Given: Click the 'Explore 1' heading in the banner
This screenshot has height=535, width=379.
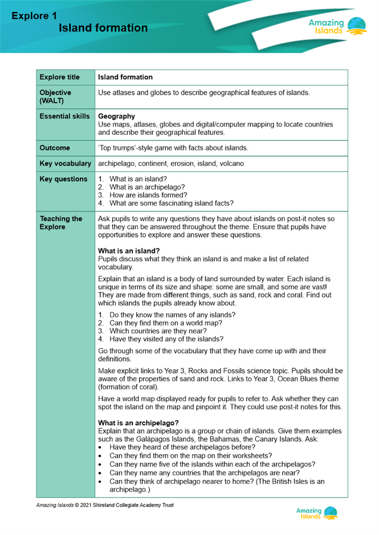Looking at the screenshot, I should pos(34,16).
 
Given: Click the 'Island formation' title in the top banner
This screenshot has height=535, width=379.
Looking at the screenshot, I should pos(103,28).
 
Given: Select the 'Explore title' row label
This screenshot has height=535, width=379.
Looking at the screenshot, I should pos(60,78).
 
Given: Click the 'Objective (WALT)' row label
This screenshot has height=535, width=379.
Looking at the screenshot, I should pos(55,96).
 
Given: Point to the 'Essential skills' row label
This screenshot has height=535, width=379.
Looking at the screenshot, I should pos(65,116).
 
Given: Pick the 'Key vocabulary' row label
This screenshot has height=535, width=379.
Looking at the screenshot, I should pos(64,163).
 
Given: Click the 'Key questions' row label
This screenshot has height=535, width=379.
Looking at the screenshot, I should pos(63,179).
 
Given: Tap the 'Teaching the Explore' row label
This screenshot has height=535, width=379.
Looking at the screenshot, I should pos(61,223).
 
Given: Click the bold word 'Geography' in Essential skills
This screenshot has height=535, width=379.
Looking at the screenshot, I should pos(116,116).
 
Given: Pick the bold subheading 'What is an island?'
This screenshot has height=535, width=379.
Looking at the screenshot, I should pos(129,251).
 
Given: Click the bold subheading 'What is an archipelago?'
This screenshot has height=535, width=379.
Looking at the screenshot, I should pos(138,423).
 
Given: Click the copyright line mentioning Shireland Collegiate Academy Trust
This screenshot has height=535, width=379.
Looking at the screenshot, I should pos(105,505).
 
